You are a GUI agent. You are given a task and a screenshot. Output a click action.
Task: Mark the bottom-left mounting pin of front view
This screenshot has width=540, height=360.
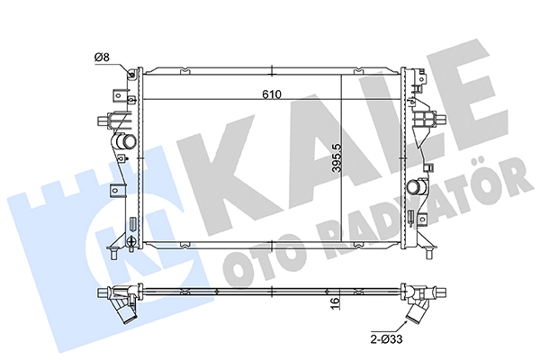coord(112,256)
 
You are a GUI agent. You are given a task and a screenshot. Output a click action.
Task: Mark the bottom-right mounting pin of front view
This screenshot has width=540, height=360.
coord(430,256)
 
